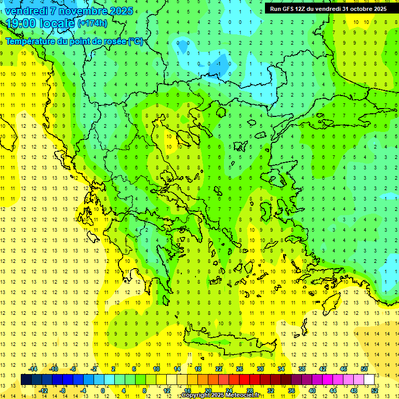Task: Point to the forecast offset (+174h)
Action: coord(92,23)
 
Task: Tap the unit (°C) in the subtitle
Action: coord(135,41)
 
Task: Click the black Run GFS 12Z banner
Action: coord(328,8)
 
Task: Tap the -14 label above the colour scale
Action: coord(33,369)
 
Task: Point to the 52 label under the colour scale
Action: coord(375,390)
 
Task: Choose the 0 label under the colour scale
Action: coord(103,390)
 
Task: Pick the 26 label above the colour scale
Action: coord(240,369)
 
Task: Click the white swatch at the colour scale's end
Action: coord(369,380)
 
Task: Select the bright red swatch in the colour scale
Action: coord(244,380)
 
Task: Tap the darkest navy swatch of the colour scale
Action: coord(26,380)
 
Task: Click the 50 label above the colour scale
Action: coord(364,369)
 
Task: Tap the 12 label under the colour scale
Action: coord(167,390)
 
